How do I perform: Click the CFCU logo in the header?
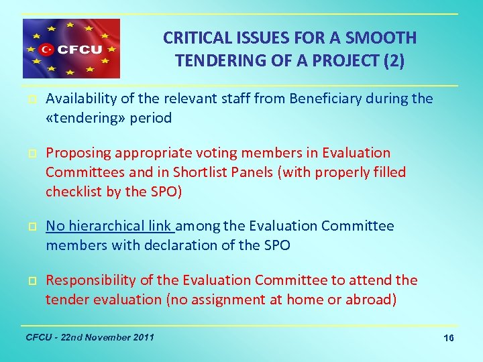[71, 49]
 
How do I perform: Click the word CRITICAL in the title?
[196, 38]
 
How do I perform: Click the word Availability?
[82, 99]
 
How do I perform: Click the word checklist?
[72, 191]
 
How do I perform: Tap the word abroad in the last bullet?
[370, 299]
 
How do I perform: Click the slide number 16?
[448, 339]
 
